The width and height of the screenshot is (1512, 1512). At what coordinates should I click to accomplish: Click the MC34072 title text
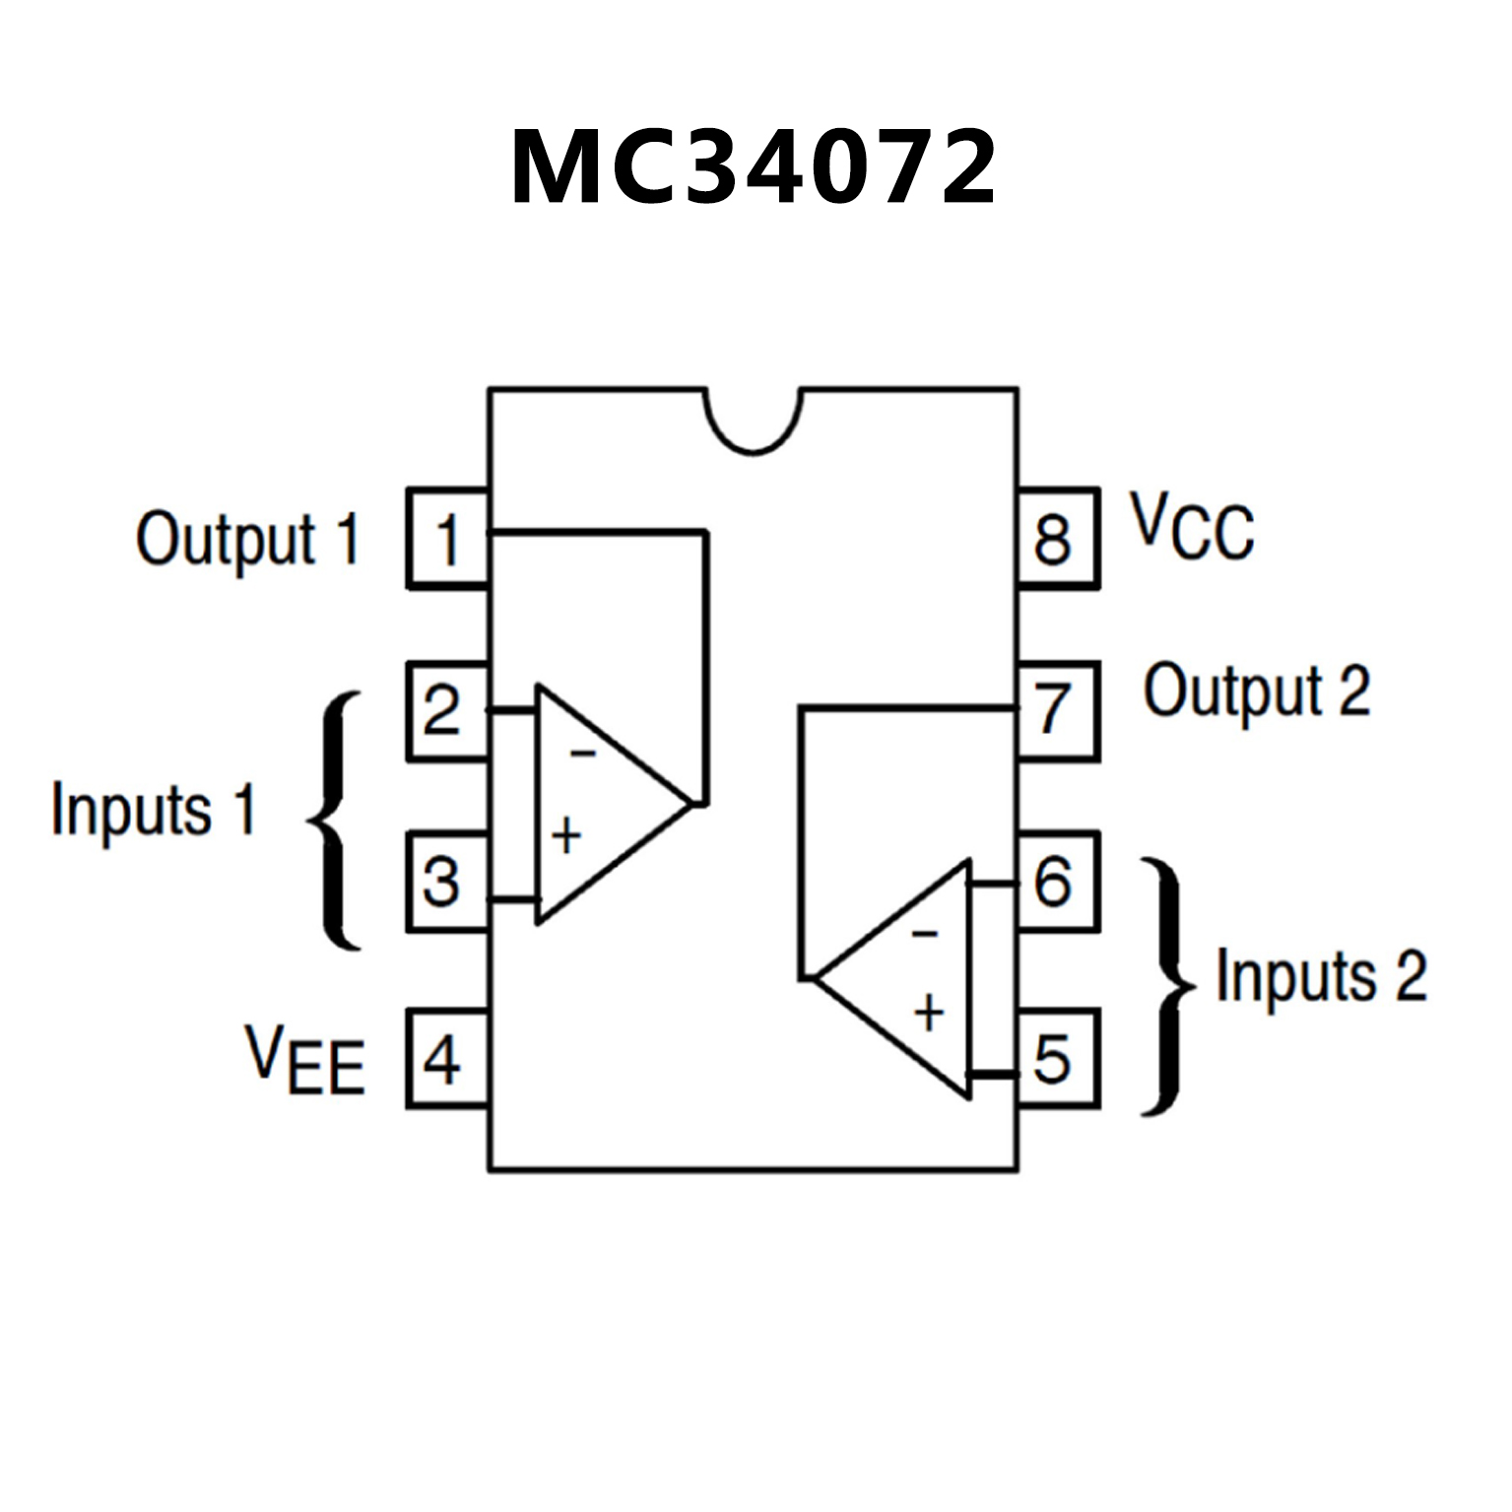point(754,167)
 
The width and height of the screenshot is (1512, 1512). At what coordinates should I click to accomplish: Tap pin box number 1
point(448,539)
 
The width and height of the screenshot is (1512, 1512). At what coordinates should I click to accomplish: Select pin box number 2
point(448,710)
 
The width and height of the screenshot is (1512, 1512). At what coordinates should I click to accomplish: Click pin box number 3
point(448,882)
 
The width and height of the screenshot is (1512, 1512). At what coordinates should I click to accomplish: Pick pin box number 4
point(448,1059)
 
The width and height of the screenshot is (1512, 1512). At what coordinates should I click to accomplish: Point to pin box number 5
point(1056,1059)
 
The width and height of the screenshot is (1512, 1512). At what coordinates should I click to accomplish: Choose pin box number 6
point(1056,882)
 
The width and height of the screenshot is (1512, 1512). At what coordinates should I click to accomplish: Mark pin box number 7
point(1056,710)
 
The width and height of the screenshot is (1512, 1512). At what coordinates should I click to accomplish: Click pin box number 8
point(1056,539)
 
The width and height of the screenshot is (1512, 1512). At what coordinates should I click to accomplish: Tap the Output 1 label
point(248,540)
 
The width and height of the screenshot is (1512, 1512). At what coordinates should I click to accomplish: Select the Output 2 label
point(1257,691)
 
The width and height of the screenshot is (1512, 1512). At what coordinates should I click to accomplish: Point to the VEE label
point(305,1060)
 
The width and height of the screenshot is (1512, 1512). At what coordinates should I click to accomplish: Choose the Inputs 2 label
point(1321,976)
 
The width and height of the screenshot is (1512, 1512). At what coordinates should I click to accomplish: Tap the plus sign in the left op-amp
point(566,836)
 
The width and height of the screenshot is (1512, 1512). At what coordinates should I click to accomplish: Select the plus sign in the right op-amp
point(929,1013)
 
